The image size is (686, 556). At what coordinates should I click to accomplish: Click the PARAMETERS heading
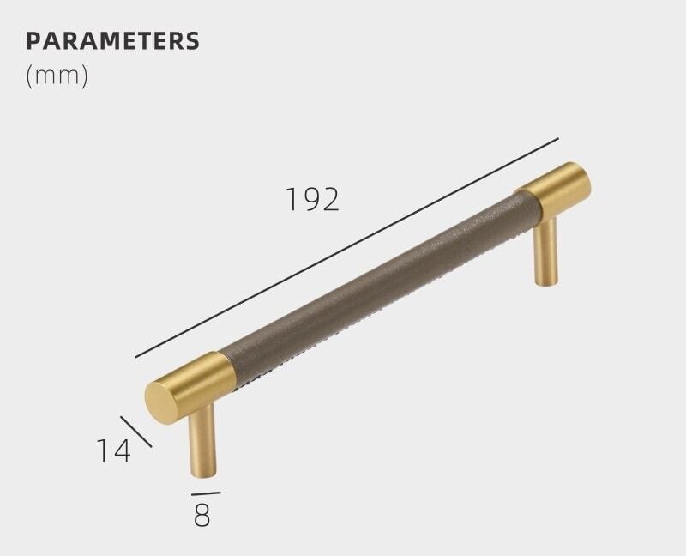[x=112, y=40]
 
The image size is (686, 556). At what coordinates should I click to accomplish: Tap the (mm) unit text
[x=57, y=76]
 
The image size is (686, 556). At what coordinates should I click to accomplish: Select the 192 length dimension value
[x=313, y=199]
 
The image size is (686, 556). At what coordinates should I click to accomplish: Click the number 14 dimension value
[x=113, y=450]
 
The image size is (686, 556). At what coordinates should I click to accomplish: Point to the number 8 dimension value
[x=202, y=517]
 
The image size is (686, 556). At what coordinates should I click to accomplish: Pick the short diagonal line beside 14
[x=136, y=432]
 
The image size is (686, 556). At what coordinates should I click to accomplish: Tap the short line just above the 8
[x=205, y=493]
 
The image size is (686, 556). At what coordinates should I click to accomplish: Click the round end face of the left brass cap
[x=161, y=401]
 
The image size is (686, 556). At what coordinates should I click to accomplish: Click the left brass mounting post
[x=202, y=442]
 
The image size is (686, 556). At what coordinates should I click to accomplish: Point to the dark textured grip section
[x=377, y=275]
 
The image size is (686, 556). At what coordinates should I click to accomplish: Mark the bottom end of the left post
[x=203, y=474]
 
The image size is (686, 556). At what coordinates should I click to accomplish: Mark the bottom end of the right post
[x=548, y=285]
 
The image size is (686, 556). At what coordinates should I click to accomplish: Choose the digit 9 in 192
[x=313, y=199]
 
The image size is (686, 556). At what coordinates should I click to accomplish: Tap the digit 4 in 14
[x=123, y=450]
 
